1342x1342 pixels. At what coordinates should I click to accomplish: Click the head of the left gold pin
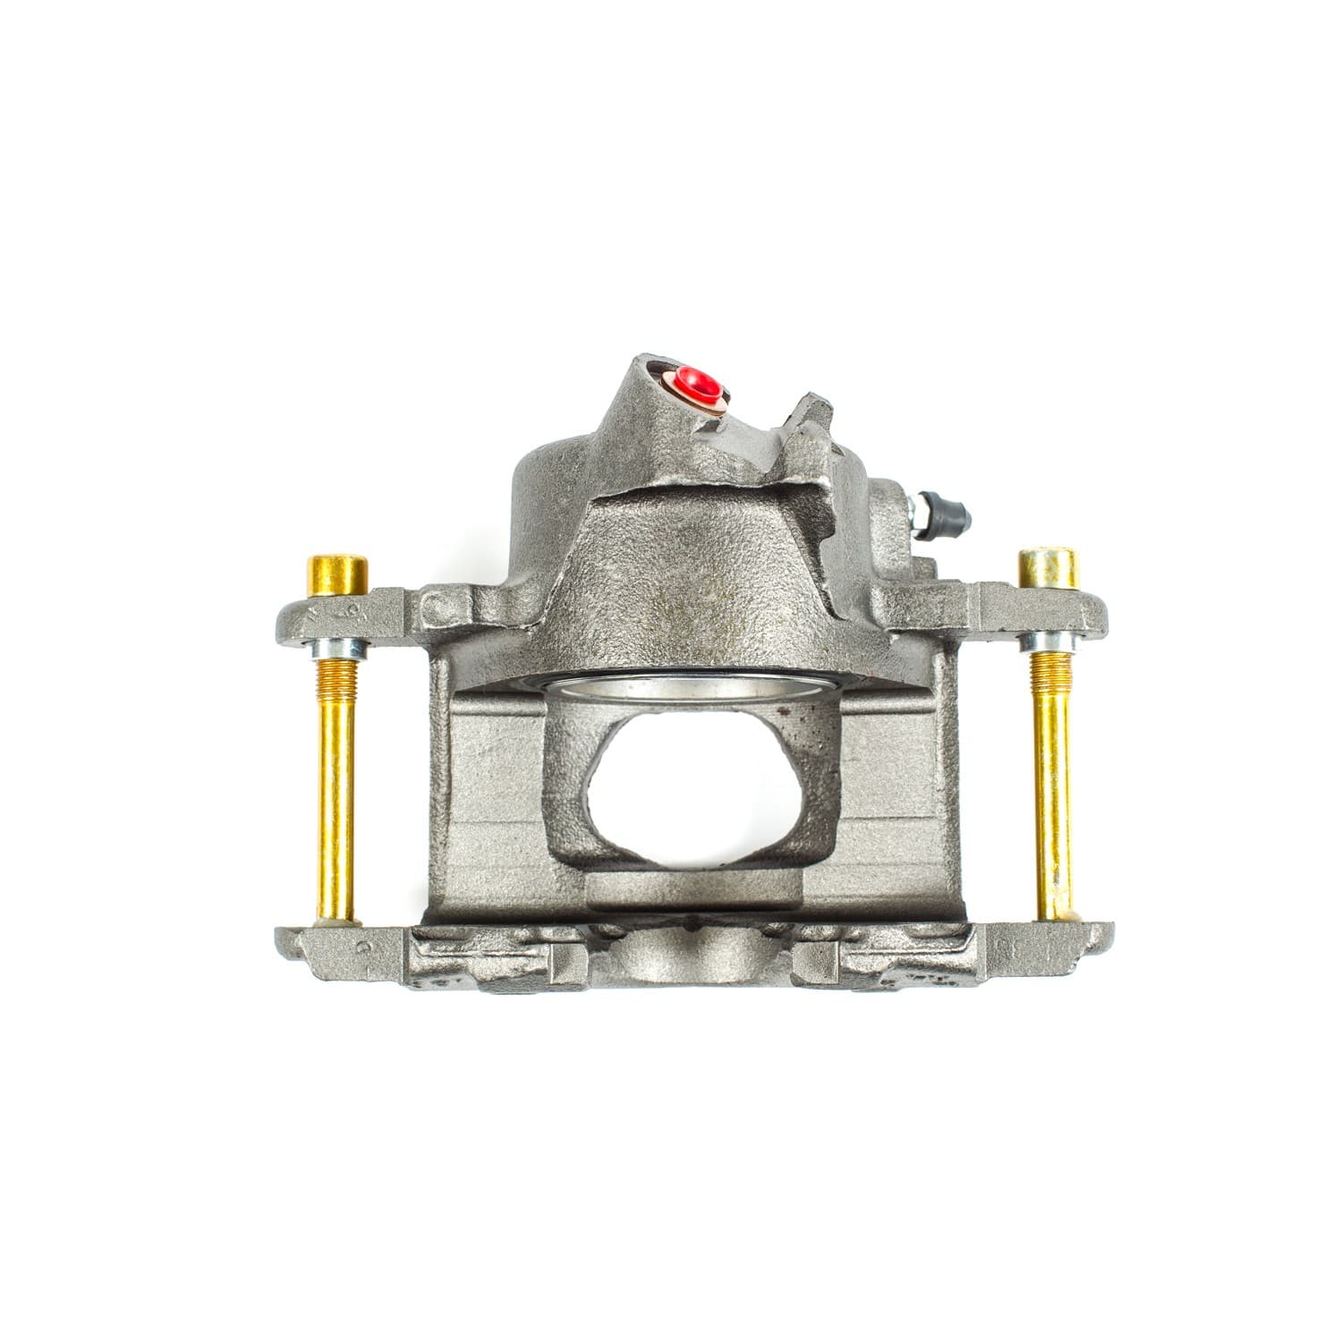tap(338, 574)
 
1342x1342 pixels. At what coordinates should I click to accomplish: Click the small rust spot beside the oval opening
tap(785, 713)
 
